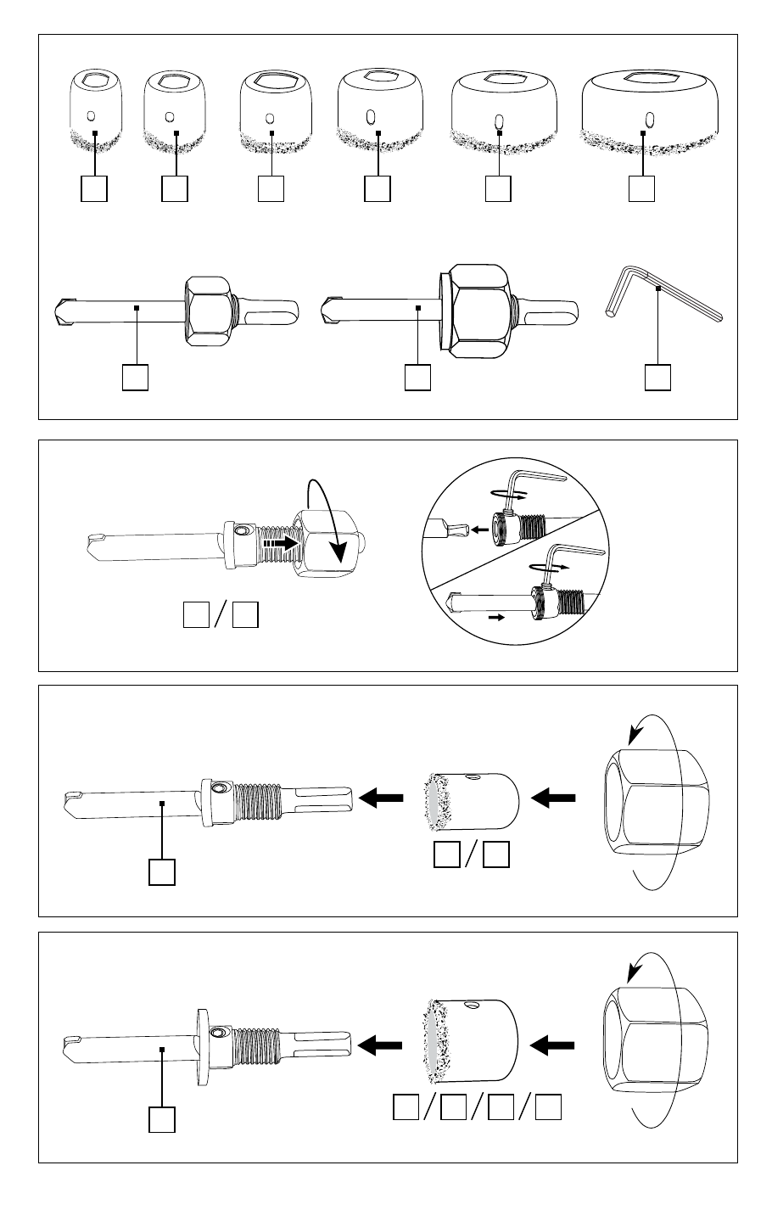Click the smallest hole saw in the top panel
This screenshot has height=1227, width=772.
[x=95, y=110]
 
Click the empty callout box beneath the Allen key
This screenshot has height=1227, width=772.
[x=658, y=377]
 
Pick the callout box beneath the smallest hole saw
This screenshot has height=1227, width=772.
[x=95, y=188]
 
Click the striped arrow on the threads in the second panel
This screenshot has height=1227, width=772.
[x=281, y=542]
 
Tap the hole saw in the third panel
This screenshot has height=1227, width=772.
[x=471, y=799]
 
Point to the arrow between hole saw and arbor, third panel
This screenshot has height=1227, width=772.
[x=381, y=798]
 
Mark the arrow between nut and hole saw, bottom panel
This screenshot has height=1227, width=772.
[x=553, y=1046]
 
